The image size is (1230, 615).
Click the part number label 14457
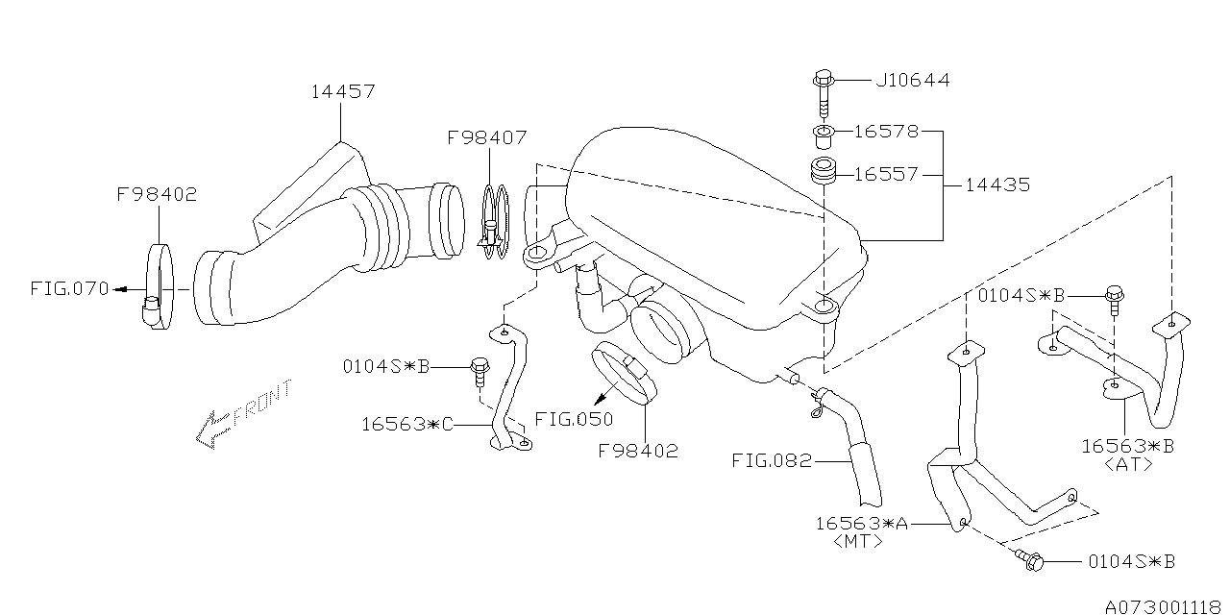342,92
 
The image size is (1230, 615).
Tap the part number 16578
886,131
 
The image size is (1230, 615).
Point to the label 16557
886,174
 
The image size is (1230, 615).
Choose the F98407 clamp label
486,137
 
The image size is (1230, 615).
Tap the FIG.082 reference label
771,460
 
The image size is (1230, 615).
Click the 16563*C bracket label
407,423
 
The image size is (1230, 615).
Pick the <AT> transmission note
1127,464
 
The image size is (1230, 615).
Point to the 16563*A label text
861,523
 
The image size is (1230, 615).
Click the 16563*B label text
1127,446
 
